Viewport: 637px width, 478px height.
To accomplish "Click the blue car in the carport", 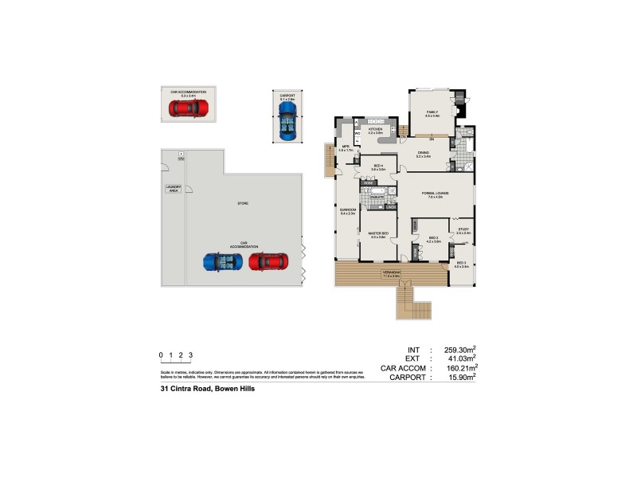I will click(287, 119).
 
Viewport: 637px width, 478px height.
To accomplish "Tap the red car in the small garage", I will click(189, 107).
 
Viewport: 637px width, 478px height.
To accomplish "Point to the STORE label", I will click(243, 204).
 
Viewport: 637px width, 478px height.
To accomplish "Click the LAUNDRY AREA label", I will click(173, 189).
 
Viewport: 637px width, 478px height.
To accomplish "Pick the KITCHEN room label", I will click(375, 129).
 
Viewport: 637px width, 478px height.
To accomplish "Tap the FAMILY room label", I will click(432, 113).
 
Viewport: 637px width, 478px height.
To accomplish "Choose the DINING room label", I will click(423, 153).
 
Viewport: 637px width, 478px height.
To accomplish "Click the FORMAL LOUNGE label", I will click(432, 194).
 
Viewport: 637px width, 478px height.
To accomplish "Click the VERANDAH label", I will click(391, 273).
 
